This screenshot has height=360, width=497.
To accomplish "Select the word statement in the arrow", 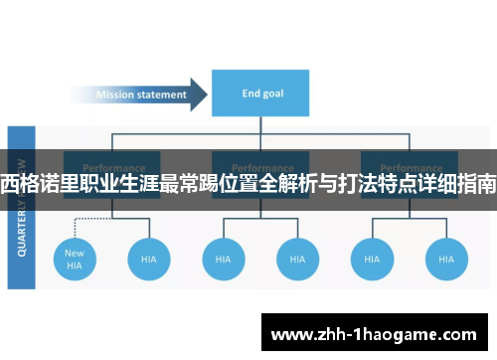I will [163, 95].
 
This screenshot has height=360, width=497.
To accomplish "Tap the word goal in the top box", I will [272, 94].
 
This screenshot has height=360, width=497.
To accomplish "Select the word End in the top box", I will [251, 94].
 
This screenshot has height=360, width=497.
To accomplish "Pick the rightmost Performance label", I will [409, 167].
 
